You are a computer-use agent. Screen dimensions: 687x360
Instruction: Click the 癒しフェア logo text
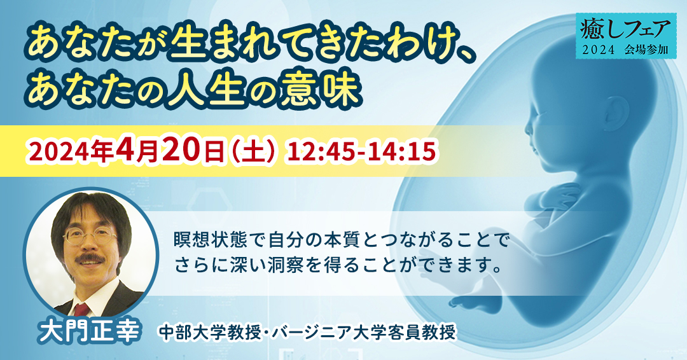[x=626, y=29]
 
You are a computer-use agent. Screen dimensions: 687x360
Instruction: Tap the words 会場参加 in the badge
[x=648, y=50]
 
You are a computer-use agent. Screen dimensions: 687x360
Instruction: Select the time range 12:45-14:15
[x=361, y=152]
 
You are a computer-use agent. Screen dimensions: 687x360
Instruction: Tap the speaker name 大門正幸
[x=90, y=333]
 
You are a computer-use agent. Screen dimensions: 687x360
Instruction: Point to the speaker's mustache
[x=90, y=259]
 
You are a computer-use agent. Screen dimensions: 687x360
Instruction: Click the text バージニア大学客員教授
[x=364, y=333]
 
